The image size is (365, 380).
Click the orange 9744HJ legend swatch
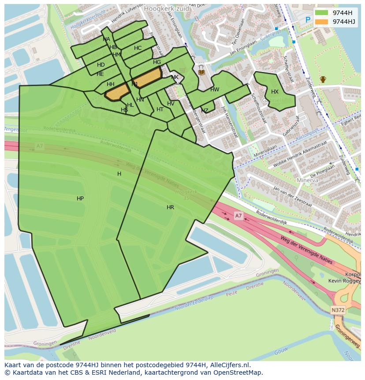[x=322, y=22]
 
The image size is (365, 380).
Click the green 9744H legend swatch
[x=322, y=13]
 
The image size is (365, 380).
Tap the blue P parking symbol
[x=308, y=20]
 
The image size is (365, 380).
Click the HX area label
[x=275, y=92]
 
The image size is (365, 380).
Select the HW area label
[x=215, y=90]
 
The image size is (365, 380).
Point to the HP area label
[x=80, y=199]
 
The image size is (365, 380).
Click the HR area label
[x=170, y=207]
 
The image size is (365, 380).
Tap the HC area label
[x=138, y=48]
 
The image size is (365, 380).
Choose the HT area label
[x=160, y=109]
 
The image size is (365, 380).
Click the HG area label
[x=157, y=62]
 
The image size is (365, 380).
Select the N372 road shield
[x=338, y=310]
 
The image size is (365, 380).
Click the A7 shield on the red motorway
[x=238, y=215]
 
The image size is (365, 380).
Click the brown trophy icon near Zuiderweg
[x=323, y=79]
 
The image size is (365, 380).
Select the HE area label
[x=100, y=74]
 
